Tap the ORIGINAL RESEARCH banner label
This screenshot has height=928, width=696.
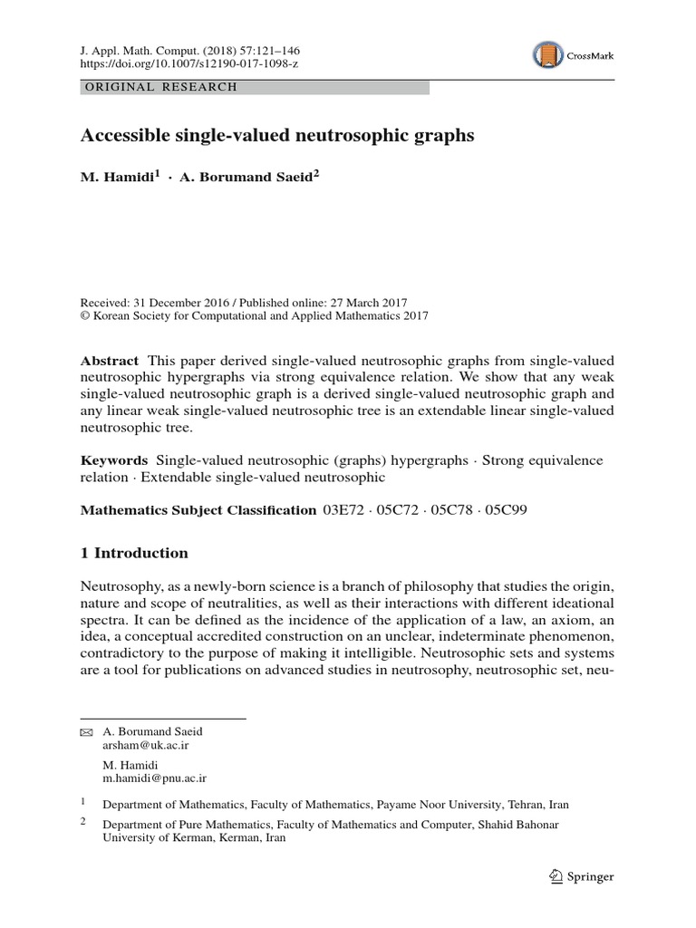click(159, 87)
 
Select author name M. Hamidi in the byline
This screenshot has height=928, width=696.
click(118, 177)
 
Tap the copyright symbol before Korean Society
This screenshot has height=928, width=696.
click(86, 316)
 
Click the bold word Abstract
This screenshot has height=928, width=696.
click(110, 360)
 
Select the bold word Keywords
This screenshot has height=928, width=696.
click(114, 460)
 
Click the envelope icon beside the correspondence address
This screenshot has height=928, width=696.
click(86, 732)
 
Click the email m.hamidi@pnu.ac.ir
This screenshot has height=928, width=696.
click(155, 778)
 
